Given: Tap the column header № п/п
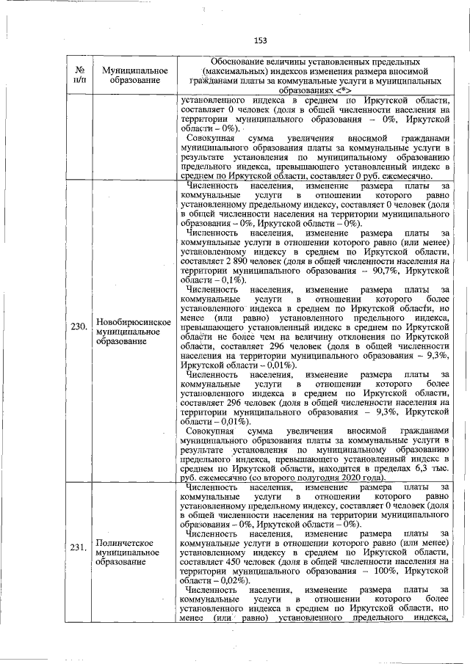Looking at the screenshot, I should (79, 74).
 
